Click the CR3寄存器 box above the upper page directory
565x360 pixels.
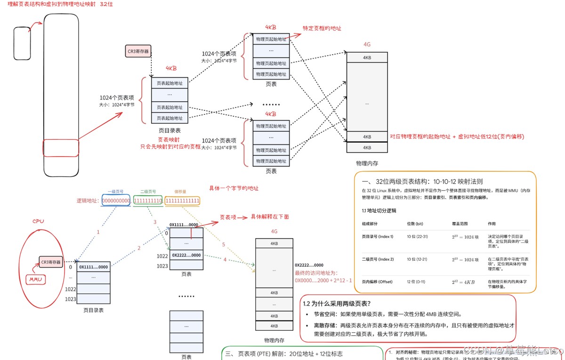tap(138, 51)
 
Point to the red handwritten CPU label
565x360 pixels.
tap(38, 221)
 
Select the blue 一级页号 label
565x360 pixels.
tap(115, 192)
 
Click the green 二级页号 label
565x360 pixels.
tap(148, 192)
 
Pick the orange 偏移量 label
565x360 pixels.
tap(181, 192)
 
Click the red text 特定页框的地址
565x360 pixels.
tap(322, 28)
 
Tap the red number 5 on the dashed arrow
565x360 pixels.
tap(224, 245)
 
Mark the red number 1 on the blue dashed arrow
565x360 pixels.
tap(98, 232)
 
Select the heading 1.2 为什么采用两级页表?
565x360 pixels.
tap(337, 303)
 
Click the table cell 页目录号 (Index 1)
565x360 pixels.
tap(377, 236)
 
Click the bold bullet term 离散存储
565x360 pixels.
tap(325, 325)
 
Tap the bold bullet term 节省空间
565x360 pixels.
tap(325, 314)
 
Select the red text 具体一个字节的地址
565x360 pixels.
tap(234, 188)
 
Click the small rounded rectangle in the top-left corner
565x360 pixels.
tap(22, 43)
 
